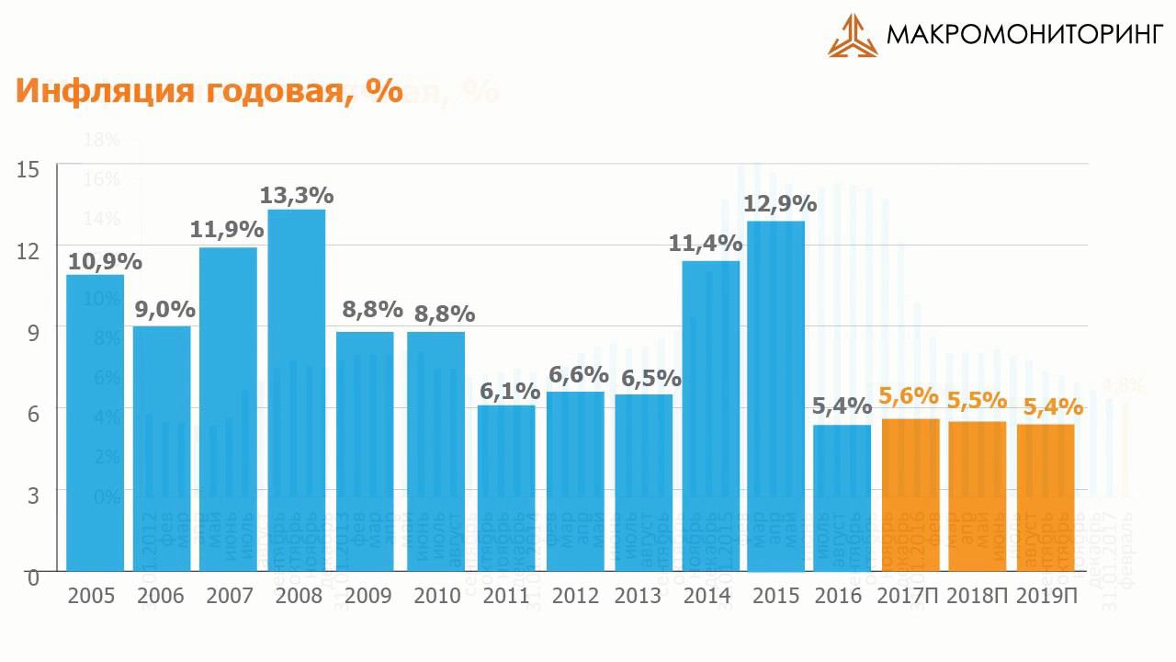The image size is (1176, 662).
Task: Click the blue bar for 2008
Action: [296, 391]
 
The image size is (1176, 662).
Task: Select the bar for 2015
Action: [775, 395]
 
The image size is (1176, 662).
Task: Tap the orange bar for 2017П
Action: [910, 495]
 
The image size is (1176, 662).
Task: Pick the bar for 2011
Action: [505, 487]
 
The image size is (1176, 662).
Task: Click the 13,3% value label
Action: [296, 196]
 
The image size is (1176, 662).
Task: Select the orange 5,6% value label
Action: [909, 396]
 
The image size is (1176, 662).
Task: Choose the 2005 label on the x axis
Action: [91, 596]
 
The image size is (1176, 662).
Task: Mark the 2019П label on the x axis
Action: [1047, 596]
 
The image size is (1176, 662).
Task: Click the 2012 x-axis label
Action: [576, 596]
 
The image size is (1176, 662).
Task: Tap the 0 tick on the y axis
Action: [32, 577]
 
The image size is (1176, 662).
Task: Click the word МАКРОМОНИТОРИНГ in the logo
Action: [1024, 36]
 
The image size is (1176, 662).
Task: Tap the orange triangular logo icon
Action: [853, 36]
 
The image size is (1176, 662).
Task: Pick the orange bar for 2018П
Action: [978, 496]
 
